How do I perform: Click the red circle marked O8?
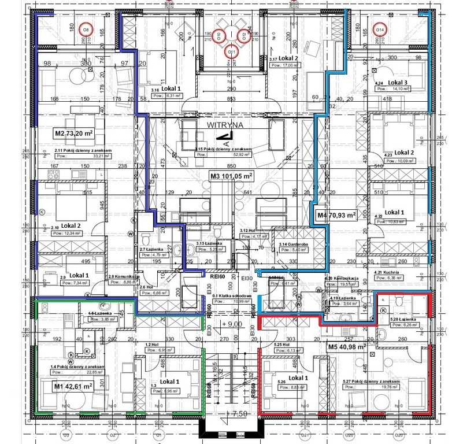[86, 29]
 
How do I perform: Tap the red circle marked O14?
[380, 29]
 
